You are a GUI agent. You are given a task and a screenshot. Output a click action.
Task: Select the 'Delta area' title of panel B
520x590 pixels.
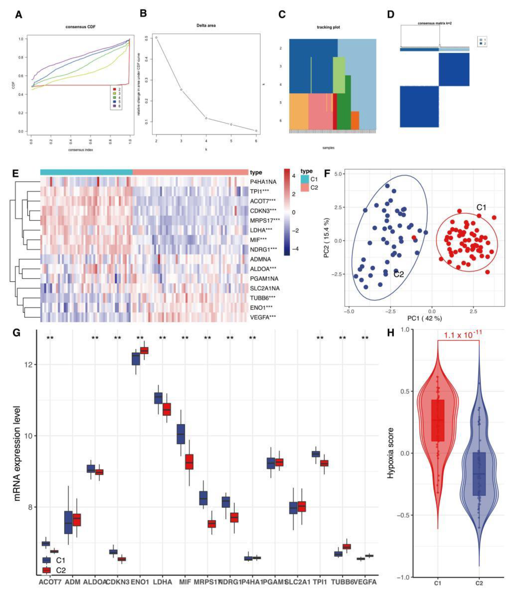point(206,25)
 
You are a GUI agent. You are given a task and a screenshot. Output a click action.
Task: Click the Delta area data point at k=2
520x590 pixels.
point(156,38)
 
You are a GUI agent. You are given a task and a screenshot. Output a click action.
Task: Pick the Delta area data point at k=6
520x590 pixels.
point(256,131)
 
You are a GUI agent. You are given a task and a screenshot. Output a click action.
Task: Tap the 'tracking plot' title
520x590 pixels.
point(328,27)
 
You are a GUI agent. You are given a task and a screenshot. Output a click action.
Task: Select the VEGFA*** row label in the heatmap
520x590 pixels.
point(263,317)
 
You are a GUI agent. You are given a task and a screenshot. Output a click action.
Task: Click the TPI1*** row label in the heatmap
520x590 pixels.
point(260,191)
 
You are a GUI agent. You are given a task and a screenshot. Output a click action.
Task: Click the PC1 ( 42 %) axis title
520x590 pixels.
point(424,318)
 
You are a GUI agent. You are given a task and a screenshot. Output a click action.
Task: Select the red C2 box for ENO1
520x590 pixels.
point(144,350)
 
